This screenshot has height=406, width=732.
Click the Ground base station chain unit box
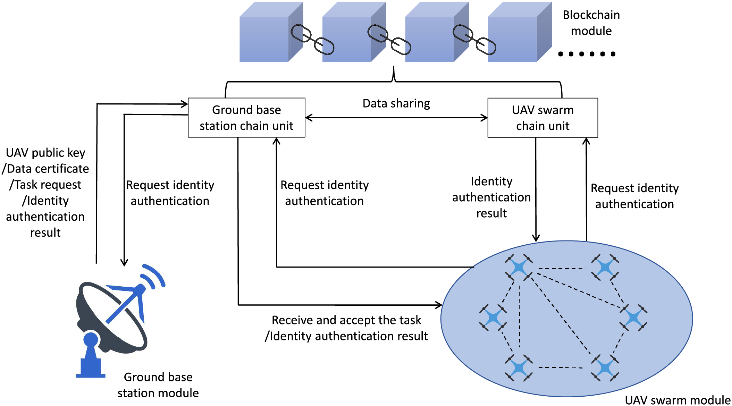(246, 118)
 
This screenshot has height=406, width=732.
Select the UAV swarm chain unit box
(542, 118)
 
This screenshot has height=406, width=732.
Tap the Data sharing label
(396, 103)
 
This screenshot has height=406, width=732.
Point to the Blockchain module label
(591, 23)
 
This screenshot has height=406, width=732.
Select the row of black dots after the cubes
(587, 54)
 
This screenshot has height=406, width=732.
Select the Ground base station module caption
(158, 385)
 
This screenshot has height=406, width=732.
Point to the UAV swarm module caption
(678, 400)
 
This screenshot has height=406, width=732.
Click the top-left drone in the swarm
(519, 267)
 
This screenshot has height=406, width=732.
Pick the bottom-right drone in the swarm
(605, 368)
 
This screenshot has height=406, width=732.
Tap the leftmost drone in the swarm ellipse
(493, 317)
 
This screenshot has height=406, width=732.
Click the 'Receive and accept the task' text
(346, 320)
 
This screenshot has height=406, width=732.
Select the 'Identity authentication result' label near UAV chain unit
(491, 197)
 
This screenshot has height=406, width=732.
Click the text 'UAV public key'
(45, 153)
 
